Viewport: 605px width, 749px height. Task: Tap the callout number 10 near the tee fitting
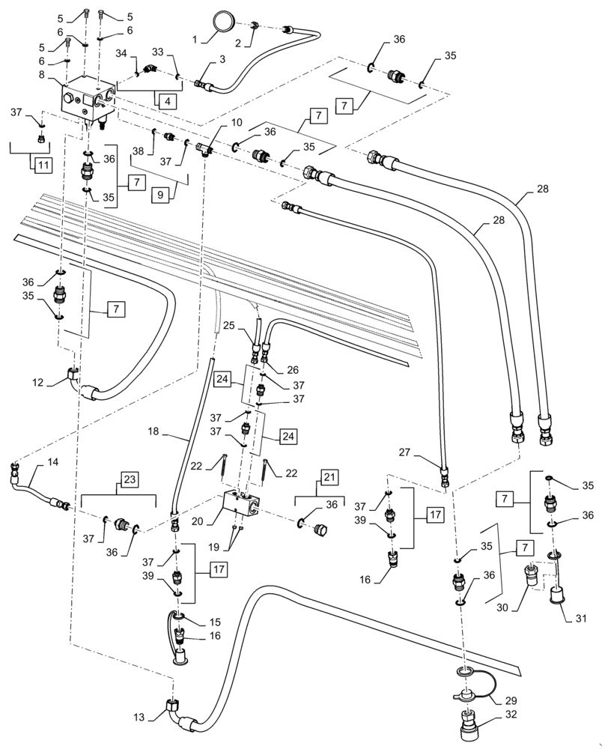point(215,122)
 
